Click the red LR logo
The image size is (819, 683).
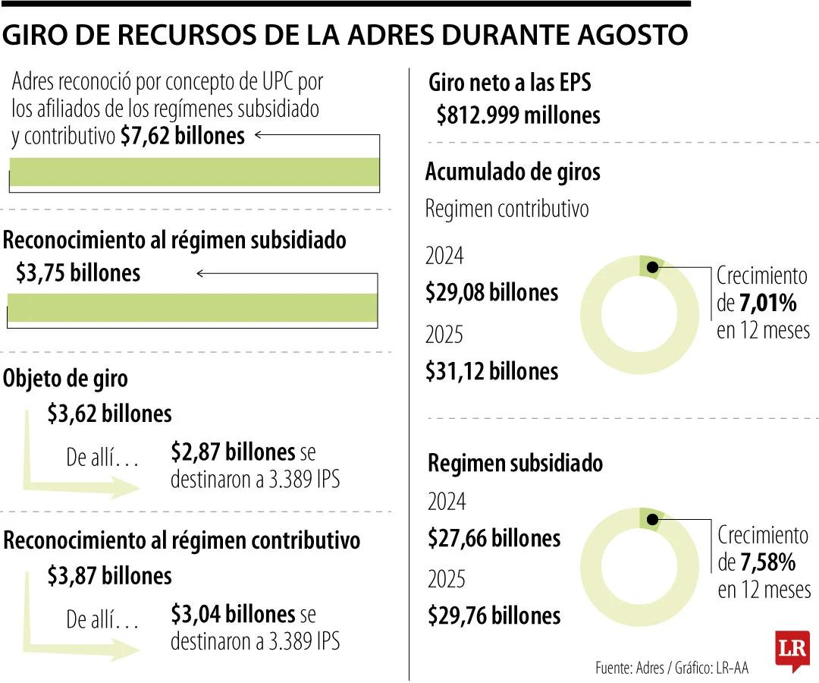[792, 650]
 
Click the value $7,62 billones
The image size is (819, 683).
[182, 136]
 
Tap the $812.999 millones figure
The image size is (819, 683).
[518, 115]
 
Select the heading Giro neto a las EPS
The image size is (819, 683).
[510, 82]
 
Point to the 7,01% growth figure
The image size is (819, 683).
[767, 304]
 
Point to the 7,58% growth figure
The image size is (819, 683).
[768, 563]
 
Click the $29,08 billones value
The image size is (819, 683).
[491, 292]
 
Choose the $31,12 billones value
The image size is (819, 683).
[491, 371]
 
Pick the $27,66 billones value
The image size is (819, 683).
[494, 539]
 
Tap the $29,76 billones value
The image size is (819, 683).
[494, 616]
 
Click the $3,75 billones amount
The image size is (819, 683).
[78, 273]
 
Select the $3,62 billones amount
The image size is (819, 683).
[109, 414]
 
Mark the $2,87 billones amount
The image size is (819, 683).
[233, 452]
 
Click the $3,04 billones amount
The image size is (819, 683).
[233, 613]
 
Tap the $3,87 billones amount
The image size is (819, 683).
[109, 576]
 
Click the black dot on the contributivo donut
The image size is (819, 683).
[652, 267]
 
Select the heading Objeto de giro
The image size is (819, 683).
[65, 379]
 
